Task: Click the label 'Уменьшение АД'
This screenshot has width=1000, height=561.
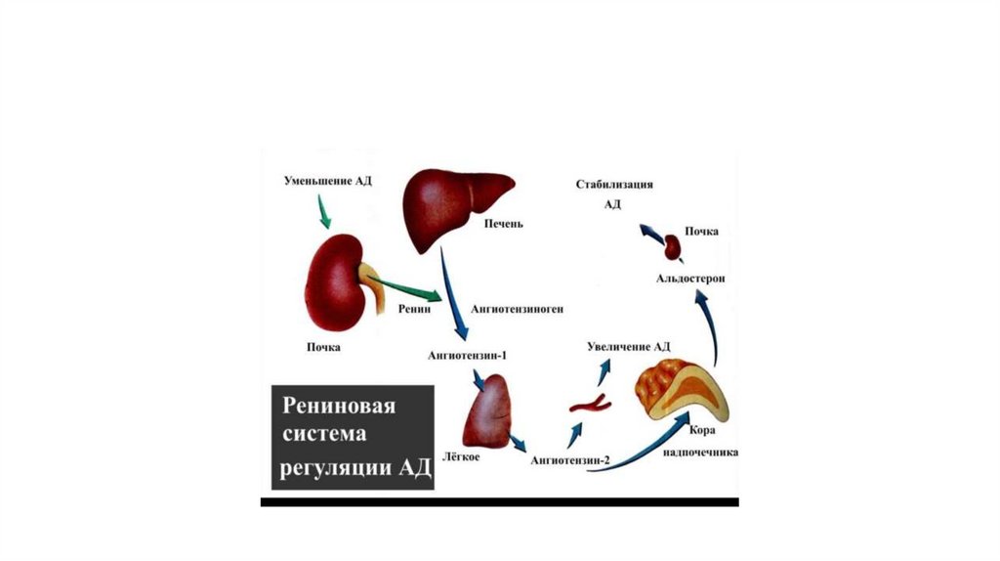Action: (x=328, y=181)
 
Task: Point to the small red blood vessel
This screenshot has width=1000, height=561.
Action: (x=591, y=402)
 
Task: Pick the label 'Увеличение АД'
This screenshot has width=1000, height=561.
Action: (x=628, y=346)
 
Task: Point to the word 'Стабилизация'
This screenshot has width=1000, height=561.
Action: (x=613, y=184)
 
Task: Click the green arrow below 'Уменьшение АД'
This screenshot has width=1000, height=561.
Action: (x=323, y=210)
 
